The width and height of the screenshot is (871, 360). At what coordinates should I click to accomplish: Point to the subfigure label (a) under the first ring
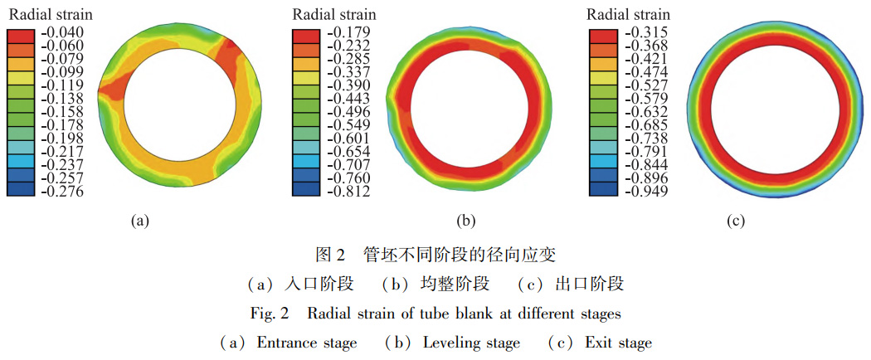(x=139, y=221)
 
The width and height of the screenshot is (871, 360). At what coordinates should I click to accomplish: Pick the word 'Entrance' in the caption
(x=285, y=343)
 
